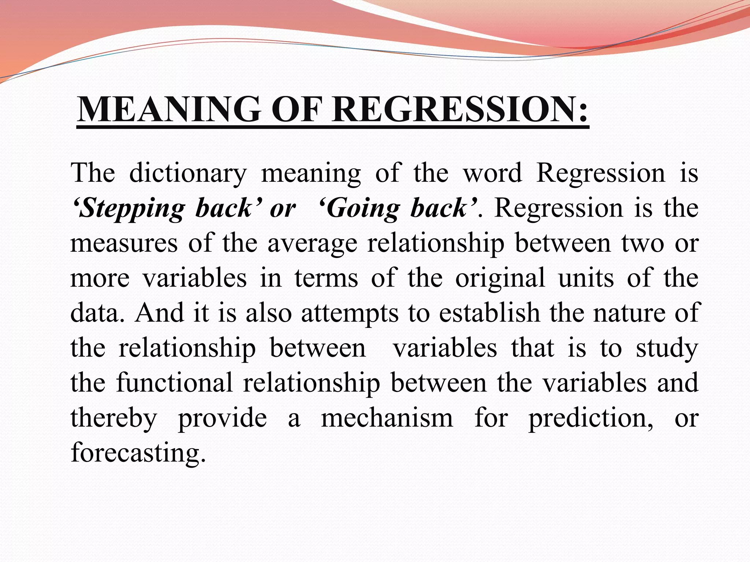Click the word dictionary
(188, 173)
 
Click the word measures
(124, 243)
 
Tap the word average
(312, 243)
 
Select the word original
(500, 278)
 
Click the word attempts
(350, 314)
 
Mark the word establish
(490, 313)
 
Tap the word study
(667, 348)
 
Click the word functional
(174, 383)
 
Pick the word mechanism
(387, 418)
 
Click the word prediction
(591, 418)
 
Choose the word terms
(326, 278)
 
